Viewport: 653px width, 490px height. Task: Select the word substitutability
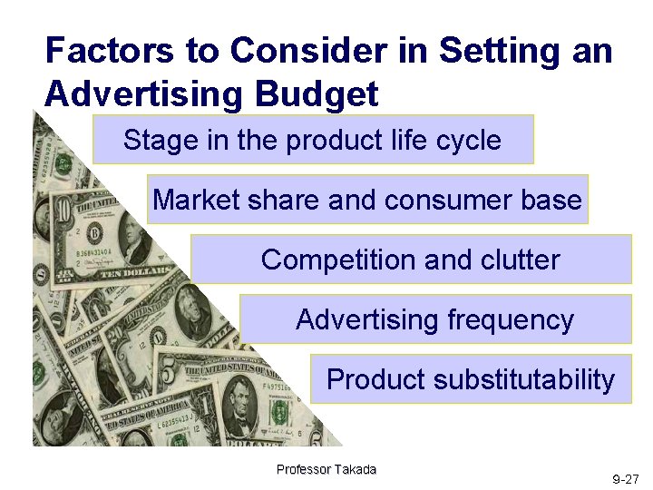[524, 379]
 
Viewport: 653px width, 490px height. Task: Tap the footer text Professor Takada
[326, 469]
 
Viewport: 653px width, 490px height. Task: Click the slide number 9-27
[626, 478]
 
